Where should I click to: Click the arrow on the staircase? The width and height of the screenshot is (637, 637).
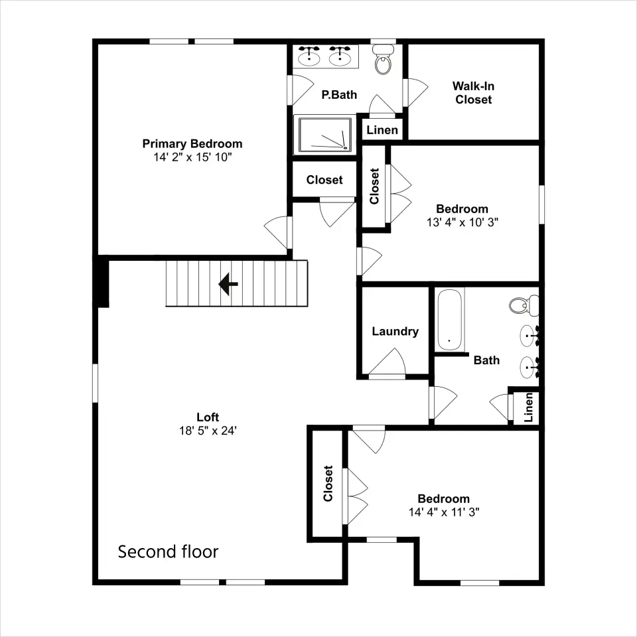click(x=228, y=283)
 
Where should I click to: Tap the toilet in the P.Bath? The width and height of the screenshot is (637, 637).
click(x=383, y=59)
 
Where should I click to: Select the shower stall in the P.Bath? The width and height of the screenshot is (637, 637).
click(x=325, y=135)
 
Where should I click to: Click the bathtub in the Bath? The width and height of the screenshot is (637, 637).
click(x=450, y=320)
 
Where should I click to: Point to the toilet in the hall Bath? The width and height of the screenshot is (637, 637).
click(x=524, y=305)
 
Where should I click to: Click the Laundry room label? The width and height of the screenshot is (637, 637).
click(x=395, y=332)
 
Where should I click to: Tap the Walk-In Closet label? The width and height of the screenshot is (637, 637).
click(x=473, y=93)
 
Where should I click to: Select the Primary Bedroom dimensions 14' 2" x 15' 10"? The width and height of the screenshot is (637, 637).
click(x=192, y=157)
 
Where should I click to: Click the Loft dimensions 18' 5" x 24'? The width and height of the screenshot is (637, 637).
click(x=208, y=431)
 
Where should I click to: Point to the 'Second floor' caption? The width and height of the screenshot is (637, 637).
click(x=168, y=551)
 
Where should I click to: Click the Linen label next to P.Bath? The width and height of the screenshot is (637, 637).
click(x=382, y=130)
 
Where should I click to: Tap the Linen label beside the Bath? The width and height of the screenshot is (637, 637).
click(x=528, y=407)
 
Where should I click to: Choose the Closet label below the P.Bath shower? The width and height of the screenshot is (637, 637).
click(x=324, y=180)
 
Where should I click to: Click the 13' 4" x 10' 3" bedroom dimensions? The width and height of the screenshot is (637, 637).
click(x=462, y=222)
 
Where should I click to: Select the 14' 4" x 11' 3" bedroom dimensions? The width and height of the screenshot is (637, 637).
click(x=444, y=512)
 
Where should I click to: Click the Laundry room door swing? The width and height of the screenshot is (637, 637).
click(x=387, y=362)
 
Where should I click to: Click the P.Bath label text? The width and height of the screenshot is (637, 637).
click(x=339, y=95)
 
